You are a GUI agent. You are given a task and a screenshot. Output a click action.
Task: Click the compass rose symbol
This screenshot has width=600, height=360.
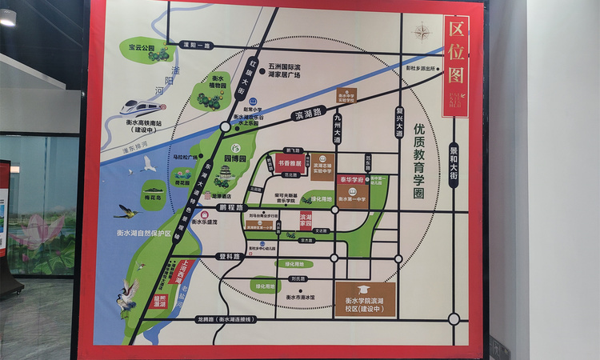tap(422, 33)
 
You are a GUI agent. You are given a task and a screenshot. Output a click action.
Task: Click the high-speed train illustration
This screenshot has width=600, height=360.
tap(137, 106)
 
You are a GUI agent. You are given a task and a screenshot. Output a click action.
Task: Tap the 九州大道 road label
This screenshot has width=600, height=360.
tap(337, 129)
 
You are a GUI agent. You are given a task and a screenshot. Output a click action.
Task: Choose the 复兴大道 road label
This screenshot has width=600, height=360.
tap(399, 123)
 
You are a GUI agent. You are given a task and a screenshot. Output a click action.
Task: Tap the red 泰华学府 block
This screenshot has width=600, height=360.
tap(351, 181)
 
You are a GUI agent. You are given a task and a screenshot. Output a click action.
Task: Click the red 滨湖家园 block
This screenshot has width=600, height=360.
tap(306, 220)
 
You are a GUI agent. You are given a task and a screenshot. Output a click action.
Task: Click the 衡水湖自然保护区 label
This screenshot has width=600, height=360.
tap(138, 232)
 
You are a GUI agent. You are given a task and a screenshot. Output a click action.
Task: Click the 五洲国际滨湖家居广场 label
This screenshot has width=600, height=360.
tap(285, 71)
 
